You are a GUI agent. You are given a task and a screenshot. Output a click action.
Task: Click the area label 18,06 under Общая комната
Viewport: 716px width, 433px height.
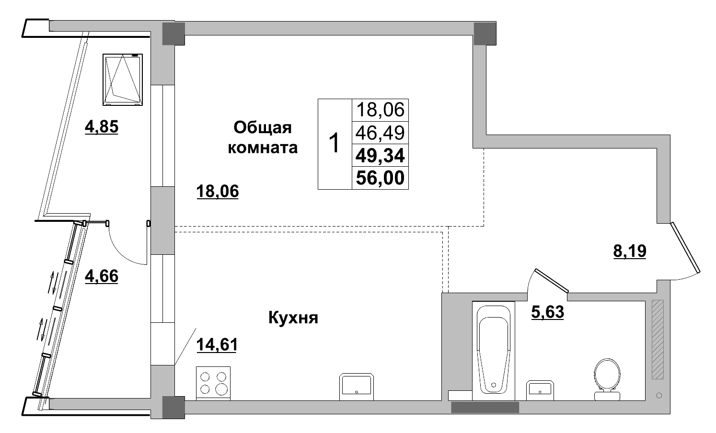pyautogui.click(x=217, y=192)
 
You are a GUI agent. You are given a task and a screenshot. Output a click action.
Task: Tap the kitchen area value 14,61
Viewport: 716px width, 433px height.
pyautogui.click(x=217, y=344)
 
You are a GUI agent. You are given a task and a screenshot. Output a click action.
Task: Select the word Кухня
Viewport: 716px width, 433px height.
pyautogui.click(x=293, y=318)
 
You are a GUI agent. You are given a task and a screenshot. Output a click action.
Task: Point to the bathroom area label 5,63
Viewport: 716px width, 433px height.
pyautogui.click(x=547, y=312)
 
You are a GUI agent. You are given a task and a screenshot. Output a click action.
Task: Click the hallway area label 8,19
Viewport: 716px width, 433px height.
pyautogui.click(x=630, y=251)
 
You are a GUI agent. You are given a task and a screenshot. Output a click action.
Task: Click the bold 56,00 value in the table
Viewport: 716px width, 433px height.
pyautogui.click(x=380, y=178)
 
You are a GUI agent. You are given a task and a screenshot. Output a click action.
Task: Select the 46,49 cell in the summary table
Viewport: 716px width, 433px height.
pyautogui.click(x=380, y=132)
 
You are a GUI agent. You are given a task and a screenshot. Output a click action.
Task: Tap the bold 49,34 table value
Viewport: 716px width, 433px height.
pyautogui.click(x=380, y=155)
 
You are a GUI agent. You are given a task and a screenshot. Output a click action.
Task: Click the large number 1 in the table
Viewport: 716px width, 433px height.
pyautogui.click(x=335, y=144)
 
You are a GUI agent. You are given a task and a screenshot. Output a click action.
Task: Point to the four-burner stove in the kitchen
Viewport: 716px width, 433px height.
pyautogui.click(x=213, y=383)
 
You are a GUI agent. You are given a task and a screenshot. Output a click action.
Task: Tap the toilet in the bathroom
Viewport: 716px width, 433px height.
pyautogui.click(x=607, y=378)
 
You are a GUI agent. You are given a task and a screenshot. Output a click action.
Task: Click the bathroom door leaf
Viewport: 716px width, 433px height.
pyautogui.click(x=552, y=280)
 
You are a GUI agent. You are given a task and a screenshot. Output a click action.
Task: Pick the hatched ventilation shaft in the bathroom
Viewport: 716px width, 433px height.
pyautogui.click(x=658, y=339)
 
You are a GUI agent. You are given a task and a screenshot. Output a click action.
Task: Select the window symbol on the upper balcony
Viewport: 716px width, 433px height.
pyautogui.click(x=123, y=80)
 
